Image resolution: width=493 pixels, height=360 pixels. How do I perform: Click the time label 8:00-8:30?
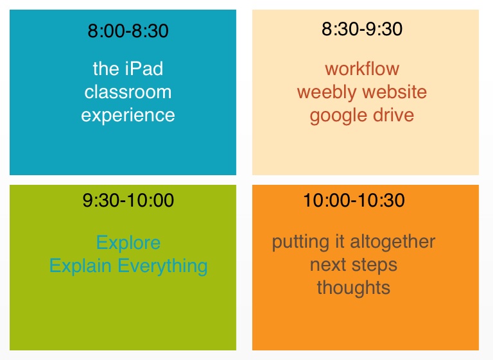click(x=128, y=31)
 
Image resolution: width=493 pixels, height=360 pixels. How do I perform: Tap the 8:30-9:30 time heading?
click(x=362, y=29)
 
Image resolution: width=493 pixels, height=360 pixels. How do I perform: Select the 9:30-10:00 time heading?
click(x=128, y=200)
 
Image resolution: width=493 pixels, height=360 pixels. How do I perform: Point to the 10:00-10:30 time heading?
click(x=354, y=200)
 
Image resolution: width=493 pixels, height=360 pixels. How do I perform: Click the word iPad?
click(x=144, y=69)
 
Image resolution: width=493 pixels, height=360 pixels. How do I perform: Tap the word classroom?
click(x=128, y=92)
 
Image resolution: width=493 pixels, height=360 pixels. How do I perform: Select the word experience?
click(x=128, y=116)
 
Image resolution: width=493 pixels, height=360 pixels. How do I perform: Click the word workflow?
click(x=362, y=69)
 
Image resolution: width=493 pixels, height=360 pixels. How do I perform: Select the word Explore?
click(x=128, y=243)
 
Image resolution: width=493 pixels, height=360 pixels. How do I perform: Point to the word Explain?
click(x=80, y=266)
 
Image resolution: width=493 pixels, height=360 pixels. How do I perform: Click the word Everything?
click(x=162, y=266)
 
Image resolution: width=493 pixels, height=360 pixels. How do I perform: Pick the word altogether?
click(x=393, y=242)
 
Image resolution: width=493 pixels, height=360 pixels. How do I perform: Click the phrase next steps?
click(x=354, y=266)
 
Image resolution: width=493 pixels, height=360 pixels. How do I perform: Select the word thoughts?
click(x=354, y=288)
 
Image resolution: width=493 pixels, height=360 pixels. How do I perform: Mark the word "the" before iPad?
click(x=106, y=69)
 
